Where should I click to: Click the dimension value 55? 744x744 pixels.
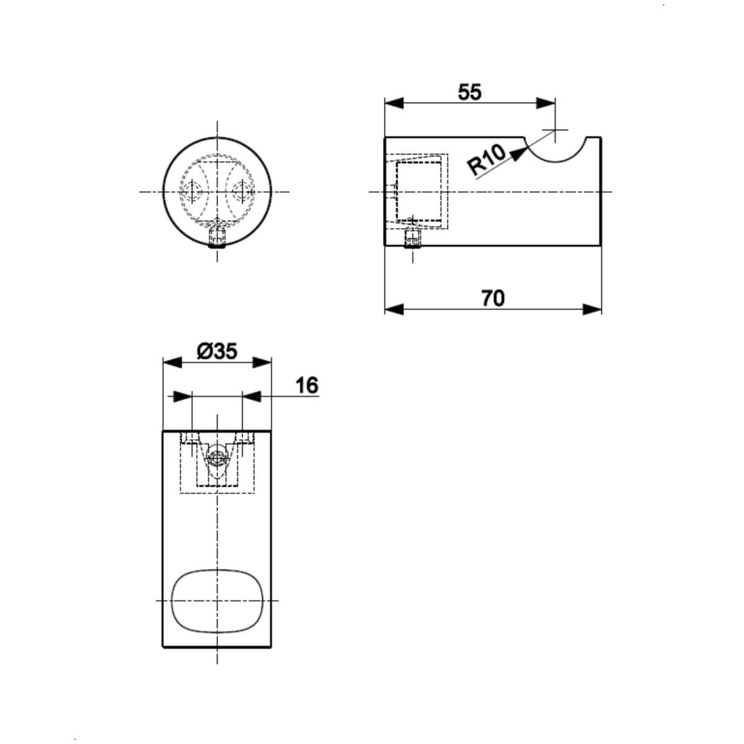coord(469,92)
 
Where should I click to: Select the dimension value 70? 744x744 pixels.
coord(493,298)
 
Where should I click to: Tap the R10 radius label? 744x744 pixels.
coord(486,159)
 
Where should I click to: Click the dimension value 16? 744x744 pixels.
coord(308,385)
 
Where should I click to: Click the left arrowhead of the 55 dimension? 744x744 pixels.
coord(394,104)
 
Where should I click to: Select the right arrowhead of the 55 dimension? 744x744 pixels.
coord(546,104)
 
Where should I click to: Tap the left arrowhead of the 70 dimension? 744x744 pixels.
coord(394,309)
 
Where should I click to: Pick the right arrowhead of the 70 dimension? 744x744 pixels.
coord(592,309)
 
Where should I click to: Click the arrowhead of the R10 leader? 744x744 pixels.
coord(520,153)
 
